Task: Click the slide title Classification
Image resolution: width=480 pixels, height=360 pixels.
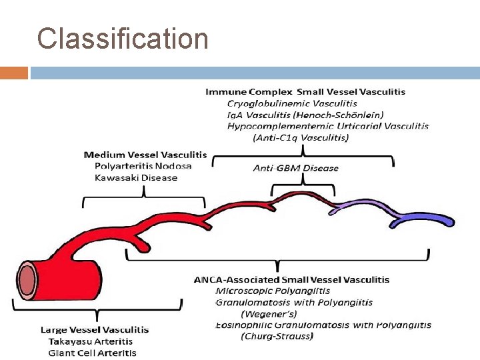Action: point(123,39)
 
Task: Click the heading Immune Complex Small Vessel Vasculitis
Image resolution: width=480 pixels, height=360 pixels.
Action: point(305,91)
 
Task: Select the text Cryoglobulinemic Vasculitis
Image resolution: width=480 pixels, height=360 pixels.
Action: point(292,103)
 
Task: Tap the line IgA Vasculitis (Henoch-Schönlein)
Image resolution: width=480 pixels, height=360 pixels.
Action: point(305,115)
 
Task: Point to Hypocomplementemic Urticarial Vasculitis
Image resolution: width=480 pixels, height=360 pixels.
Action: point(327,126)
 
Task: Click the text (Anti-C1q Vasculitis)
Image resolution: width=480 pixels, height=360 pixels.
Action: point(301,137)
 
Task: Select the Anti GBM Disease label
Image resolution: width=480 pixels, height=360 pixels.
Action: point(295,168)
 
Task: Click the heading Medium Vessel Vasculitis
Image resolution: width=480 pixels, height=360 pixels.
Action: point(145,155)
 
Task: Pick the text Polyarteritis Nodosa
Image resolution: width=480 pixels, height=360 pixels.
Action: point(143,166)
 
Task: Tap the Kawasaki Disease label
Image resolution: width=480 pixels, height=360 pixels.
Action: point(136,178)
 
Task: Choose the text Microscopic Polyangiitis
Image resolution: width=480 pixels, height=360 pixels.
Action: point(273,291)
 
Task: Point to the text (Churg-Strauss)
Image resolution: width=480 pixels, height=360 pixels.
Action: point(276,337)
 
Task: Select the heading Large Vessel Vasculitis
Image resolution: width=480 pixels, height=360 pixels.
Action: point(95,329)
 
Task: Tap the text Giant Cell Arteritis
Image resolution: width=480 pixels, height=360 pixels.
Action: point(92,352)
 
